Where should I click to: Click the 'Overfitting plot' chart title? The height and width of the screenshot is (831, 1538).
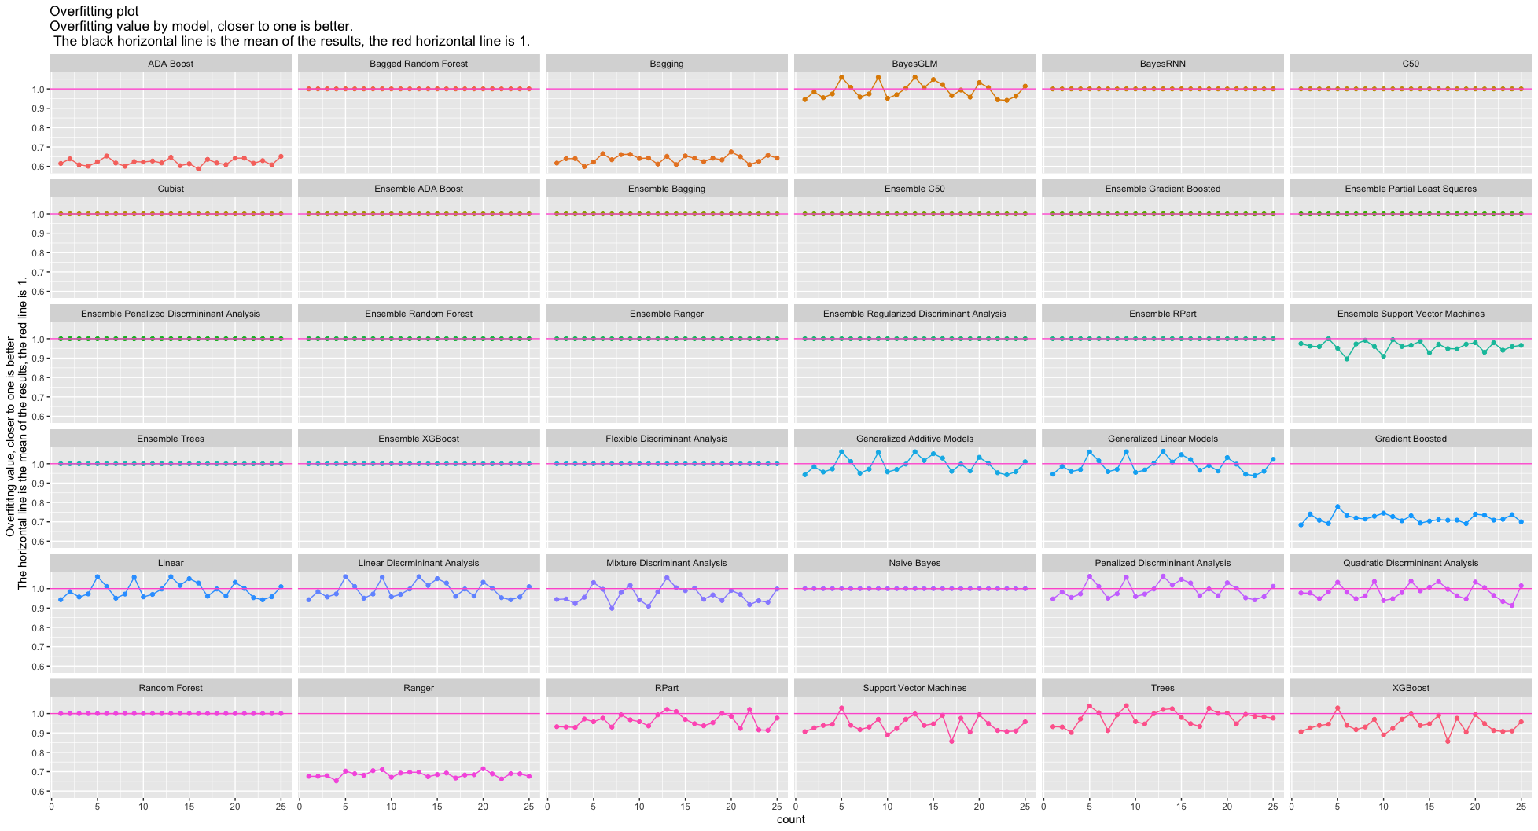[x=94, y=11]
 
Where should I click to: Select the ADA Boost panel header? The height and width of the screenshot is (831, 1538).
[x=170, y=64]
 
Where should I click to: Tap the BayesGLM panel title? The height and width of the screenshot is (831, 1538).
[x=914, y=64]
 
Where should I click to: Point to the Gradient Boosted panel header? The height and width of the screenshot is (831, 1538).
[x=1411, y=439]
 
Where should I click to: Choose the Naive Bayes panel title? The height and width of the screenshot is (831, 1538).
[x=914, y=563]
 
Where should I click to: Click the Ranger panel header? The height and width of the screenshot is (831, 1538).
[x=418, y=688]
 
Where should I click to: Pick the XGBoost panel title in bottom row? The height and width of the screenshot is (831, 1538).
[x=1411, y=688]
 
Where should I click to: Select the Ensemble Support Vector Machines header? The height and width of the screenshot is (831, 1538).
[x=1411, y=314]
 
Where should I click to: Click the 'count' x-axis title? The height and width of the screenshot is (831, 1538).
[x=790, y=819]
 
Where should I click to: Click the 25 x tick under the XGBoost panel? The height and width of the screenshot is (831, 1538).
[x=1521, y=806]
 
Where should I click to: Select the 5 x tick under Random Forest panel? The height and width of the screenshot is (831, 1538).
[x=98, y=806]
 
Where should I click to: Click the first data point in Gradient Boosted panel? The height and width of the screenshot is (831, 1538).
[x=1301, y=524]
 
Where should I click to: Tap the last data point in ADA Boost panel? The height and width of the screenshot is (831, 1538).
[x=281, y=156]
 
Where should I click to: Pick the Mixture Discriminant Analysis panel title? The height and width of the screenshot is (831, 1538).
[x=666, y=563]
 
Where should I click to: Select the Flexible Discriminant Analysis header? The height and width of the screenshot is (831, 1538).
[x=666, y=439]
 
